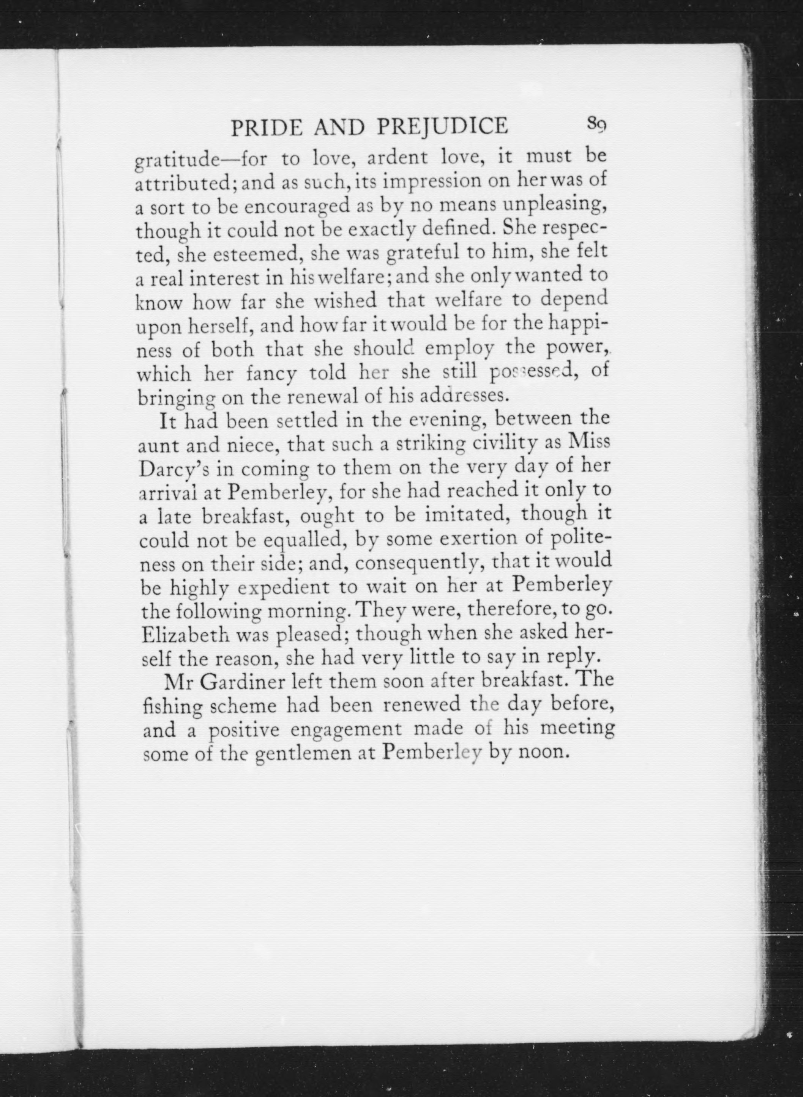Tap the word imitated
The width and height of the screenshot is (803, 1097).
pyautogui.click(x=465, y=515)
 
